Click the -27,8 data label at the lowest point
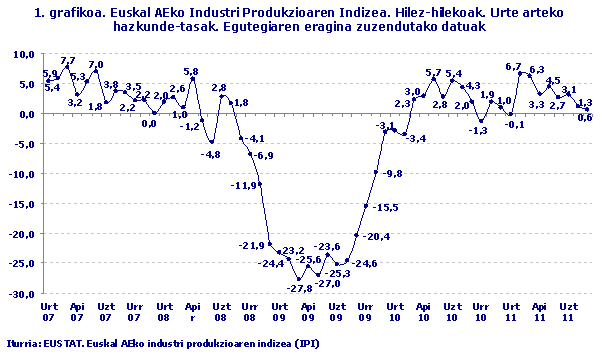coord(299,288)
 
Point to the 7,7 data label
coord(68,61)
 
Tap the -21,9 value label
coord(251,246)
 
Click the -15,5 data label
coord(386,207)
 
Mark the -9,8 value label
coord(392,173)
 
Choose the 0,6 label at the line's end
coord(585,118)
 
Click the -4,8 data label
coord(211,154)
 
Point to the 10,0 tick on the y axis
coord(22,54)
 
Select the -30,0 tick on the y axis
coord(20,295)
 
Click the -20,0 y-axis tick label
coord(20,234)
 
